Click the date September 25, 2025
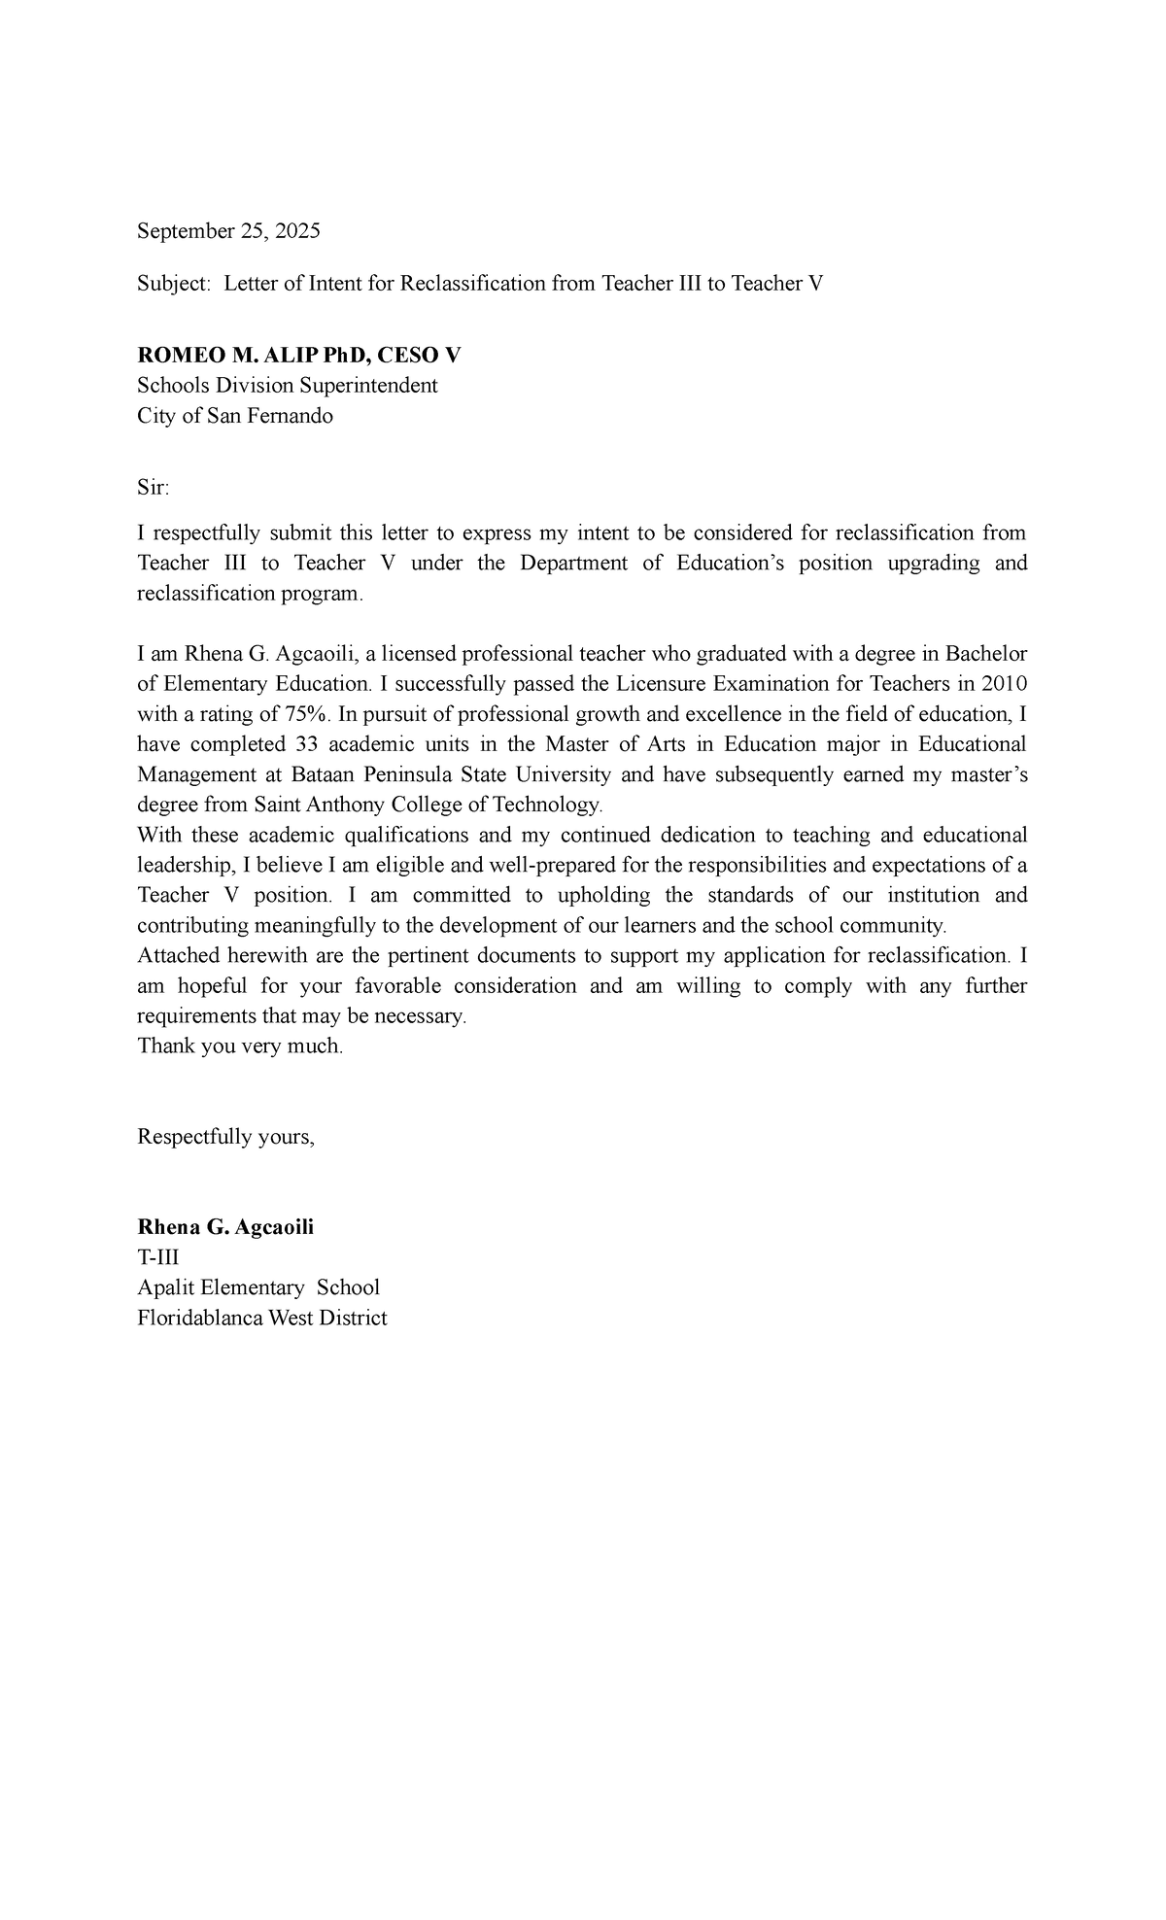pyautogui.click(x=228, y=231)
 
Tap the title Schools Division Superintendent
pyautogui.click(x=288, y=386)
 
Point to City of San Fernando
pyautogui.click(x=235, y=416)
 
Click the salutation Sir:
pyautogui.click(x=153, y=488)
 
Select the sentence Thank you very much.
pyautogui.click(x=240, y=1046)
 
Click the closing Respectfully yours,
pyautogui.click(x=226, y=1137)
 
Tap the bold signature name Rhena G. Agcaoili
pyautogui.click(x=225, y=1227)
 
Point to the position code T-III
pyautogui.click(x=158, y=1257)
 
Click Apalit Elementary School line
pyautogui.click(x=258, y=1287)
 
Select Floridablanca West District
pyautogui.click(x=262, y=1319)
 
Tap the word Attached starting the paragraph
pyautogui.click(x=178, y=956)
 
